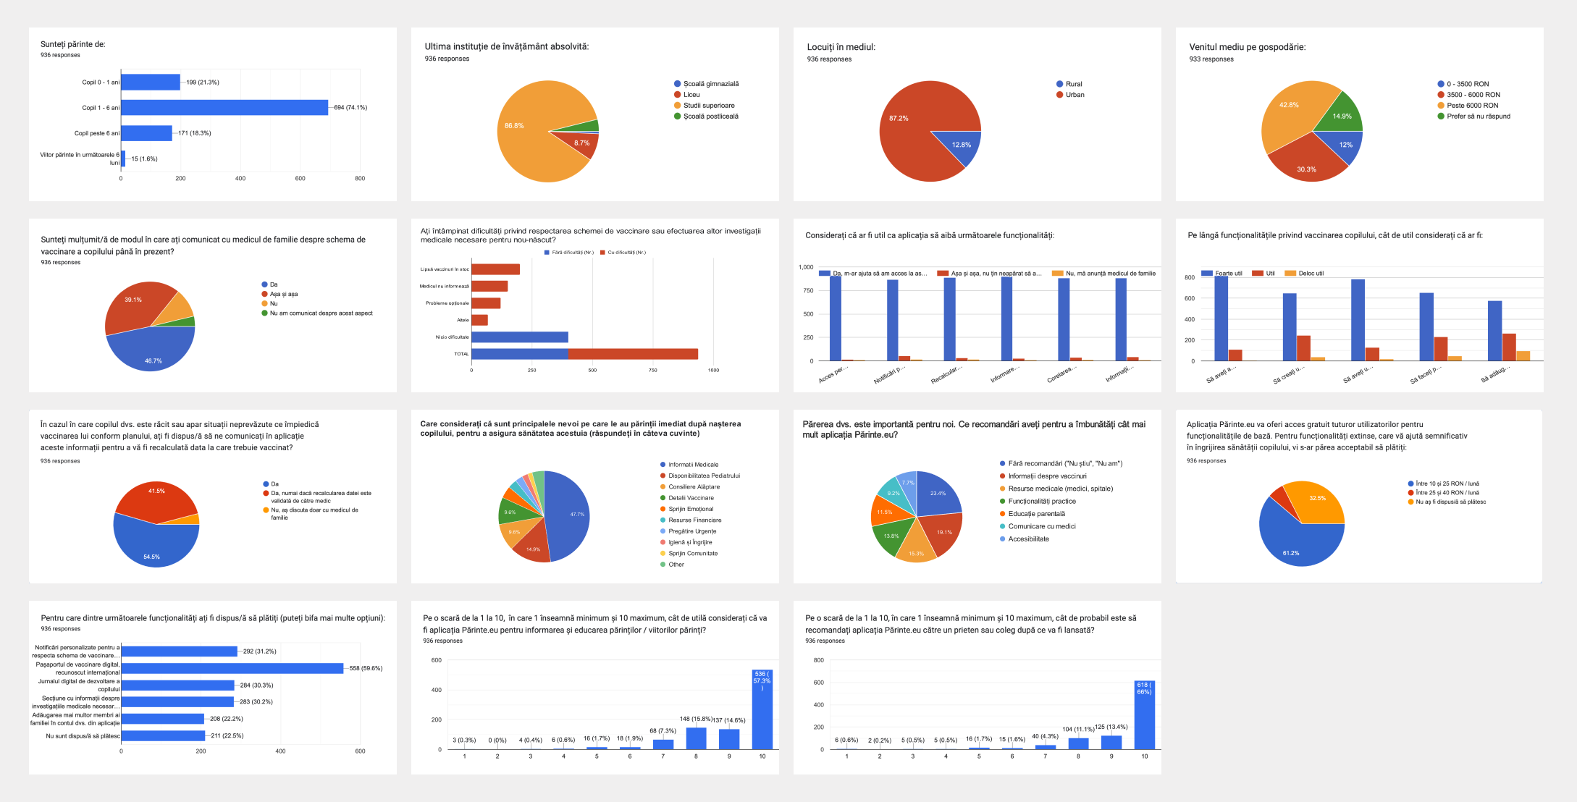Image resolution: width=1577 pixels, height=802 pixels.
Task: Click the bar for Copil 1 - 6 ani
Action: [x=224, y=108]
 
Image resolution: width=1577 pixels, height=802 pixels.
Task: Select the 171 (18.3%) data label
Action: [x=195, y=133]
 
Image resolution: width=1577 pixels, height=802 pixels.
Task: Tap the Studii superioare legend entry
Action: [x=708, y=106]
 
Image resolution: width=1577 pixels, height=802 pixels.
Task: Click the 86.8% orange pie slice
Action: [x=529, y=138]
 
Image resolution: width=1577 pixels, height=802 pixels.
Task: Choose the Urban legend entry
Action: [x=1075, y=95]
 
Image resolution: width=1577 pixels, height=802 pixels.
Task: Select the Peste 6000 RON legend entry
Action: [x=1472, y=106]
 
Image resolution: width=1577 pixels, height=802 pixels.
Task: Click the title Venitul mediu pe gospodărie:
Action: [x=1247, y=47]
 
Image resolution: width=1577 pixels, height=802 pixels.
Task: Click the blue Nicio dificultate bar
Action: [x=519, y=337]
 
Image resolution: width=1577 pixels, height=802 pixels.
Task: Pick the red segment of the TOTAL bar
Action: [x=633, y=354]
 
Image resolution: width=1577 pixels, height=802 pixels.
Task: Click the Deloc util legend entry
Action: [x=1310, y=274]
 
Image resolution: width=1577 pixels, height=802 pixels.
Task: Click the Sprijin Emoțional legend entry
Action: [x=690, y=509]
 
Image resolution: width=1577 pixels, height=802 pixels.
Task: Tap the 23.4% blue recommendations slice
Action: [x=938, y=496]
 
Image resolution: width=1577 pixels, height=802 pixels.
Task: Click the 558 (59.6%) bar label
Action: [x=366, y=669]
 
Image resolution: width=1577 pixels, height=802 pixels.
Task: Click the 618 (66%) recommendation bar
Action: [x=1144, y=717]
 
